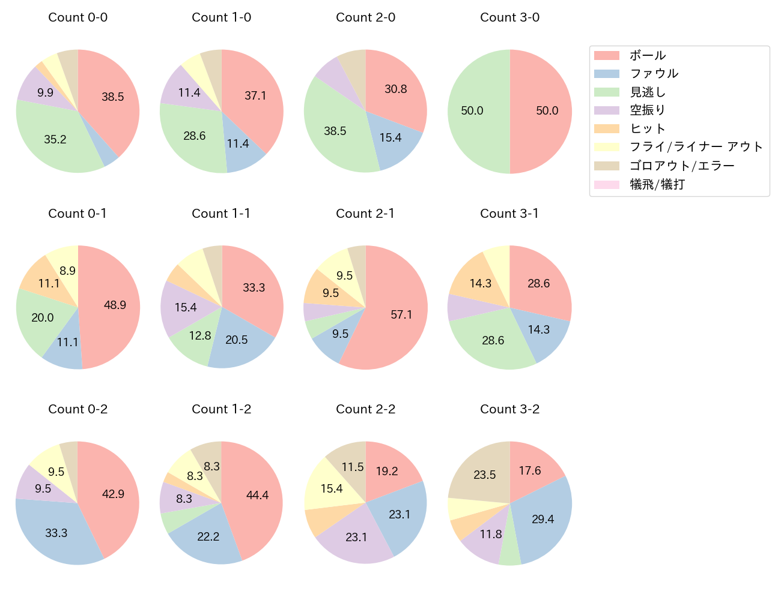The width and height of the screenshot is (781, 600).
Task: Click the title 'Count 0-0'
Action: click(x=77, y=17)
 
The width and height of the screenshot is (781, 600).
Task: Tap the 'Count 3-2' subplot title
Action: click(x=509, y=409)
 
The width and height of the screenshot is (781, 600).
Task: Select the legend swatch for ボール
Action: click(x=606, y=55)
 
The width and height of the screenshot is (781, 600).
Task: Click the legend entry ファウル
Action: click(x=654, y=74)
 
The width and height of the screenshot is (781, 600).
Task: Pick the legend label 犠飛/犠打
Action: click(x=657, y=184)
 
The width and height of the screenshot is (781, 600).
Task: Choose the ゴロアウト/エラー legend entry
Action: click(x=681, y=166)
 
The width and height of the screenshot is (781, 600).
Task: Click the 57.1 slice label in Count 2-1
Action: click(x=401, y=314)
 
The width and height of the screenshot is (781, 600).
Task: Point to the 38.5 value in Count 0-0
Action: click(x=112, y=97)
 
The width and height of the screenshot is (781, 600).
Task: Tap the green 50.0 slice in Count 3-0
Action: click(x=472, y=111)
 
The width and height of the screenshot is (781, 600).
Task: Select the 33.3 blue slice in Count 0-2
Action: click(x=56, y=533)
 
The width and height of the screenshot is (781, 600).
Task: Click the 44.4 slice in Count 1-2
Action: click(x=257, y=495)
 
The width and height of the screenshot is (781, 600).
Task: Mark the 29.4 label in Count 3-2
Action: click(x=542, y=519)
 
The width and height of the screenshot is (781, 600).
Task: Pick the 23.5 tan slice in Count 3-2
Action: click(x=484, y=475)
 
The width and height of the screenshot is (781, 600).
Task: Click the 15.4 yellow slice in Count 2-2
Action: click(x=331, y=488)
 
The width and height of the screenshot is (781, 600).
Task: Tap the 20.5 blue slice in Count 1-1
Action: click(x=237, y=340)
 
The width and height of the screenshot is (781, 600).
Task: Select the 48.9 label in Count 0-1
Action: click(x=115, y=305)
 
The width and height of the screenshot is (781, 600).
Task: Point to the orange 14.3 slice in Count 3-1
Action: click(x=480, y=283)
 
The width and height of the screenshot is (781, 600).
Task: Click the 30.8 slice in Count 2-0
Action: click(x=396, y=89)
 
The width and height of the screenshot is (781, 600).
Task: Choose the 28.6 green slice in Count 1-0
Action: click(x=194, y=136)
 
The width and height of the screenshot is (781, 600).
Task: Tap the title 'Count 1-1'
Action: click(x=221, y=214)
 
